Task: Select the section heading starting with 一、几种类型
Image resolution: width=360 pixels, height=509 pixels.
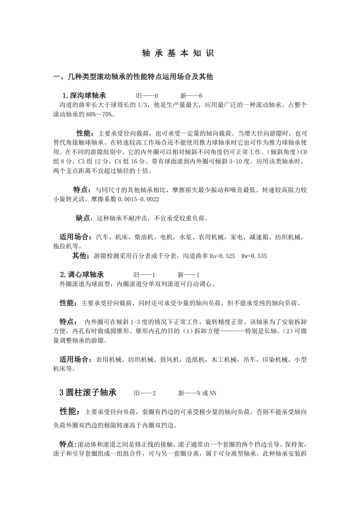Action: tap(133, 77)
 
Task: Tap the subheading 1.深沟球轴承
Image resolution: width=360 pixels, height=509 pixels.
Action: tap(84, 96)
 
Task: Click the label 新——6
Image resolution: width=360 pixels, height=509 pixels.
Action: tap(191, 96)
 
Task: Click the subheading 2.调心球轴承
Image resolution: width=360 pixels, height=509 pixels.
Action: tap(82, 274)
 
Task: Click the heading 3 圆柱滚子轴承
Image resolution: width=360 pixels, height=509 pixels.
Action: tap(88, 393)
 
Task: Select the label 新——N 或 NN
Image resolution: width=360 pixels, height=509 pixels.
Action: tap(197, 393)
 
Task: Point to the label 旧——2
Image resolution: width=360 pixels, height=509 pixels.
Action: tap(145, 393)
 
